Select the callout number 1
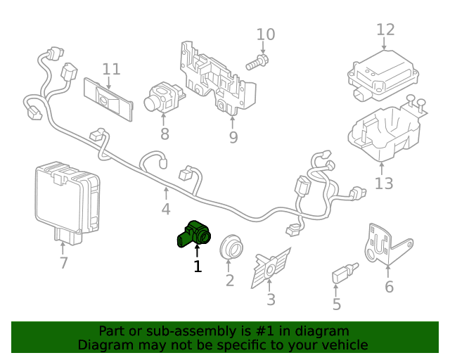198,266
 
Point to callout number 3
271,300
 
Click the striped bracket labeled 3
271,268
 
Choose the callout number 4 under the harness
165,210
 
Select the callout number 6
389,287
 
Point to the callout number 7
63,263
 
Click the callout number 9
233,136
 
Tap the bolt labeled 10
257,62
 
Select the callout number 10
265,34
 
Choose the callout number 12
385,30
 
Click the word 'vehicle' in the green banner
344,345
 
